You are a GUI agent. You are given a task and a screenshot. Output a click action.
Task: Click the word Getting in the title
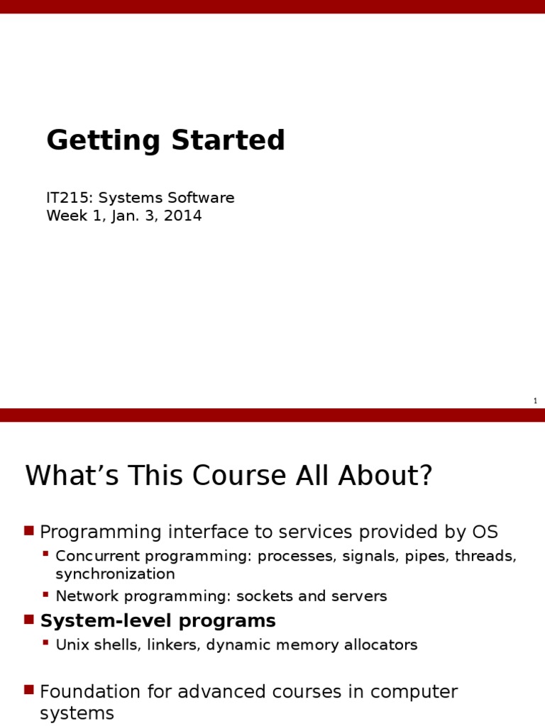104,141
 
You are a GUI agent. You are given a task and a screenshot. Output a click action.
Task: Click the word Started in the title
228,140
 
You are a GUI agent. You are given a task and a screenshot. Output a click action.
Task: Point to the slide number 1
535,401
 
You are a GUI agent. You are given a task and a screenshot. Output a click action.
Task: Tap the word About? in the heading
385,475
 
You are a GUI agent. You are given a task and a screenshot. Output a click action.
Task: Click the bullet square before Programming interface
29,530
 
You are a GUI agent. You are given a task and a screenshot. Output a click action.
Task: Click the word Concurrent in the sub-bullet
97,556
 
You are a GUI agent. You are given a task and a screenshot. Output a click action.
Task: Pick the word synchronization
115,574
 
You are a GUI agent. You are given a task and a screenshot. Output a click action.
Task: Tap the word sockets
265,596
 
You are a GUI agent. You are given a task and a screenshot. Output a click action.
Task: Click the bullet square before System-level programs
29,619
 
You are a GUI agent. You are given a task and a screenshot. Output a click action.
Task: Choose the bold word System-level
106,620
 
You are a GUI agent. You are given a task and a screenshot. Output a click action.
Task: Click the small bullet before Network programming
45,593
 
